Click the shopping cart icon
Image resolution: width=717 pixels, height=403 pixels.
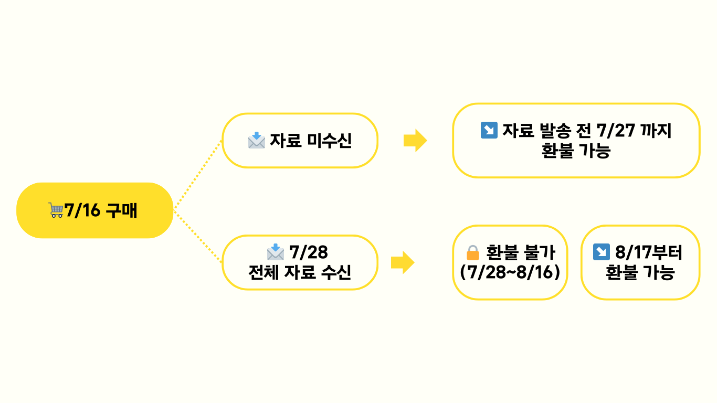point(56,210)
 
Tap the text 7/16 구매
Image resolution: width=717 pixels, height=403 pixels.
point(100,210)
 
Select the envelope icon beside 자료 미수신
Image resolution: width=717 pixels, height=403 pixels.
point(257,140)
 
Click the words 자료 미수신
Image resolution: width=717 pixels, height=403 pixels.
point(311,141)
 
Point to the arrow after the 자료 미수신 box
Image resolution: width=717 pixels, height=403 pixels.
point(415,141)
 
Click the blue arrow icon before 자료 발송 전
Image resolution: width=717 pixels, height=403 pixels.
point(489,130)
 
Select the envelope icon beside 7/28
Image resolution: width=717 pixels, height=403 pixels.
point(276,252)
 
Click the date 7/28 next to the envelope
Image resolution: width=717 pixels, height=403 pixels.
point(309,252)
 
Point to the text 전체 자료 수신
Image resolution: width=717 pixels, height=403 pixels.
point(300,273)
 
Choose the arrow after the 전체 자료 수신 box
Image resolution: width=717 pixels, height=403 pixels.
point(403,262)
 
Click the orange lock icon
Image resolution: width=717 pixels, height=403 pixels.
point(473,253)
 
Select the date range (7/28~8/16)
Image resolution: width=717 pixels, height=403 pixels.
point(510,273)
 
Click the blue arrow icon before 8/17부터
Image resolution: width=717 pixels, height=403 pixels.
point(600,252)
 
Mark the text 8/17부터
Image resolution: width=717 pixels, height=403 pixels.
point(649,252)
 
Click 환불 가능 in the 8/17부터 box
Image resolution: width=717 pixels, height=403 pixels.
point(640,273)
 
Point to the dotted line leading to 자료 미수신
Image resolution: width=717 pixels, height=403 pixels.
point(198,175)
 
